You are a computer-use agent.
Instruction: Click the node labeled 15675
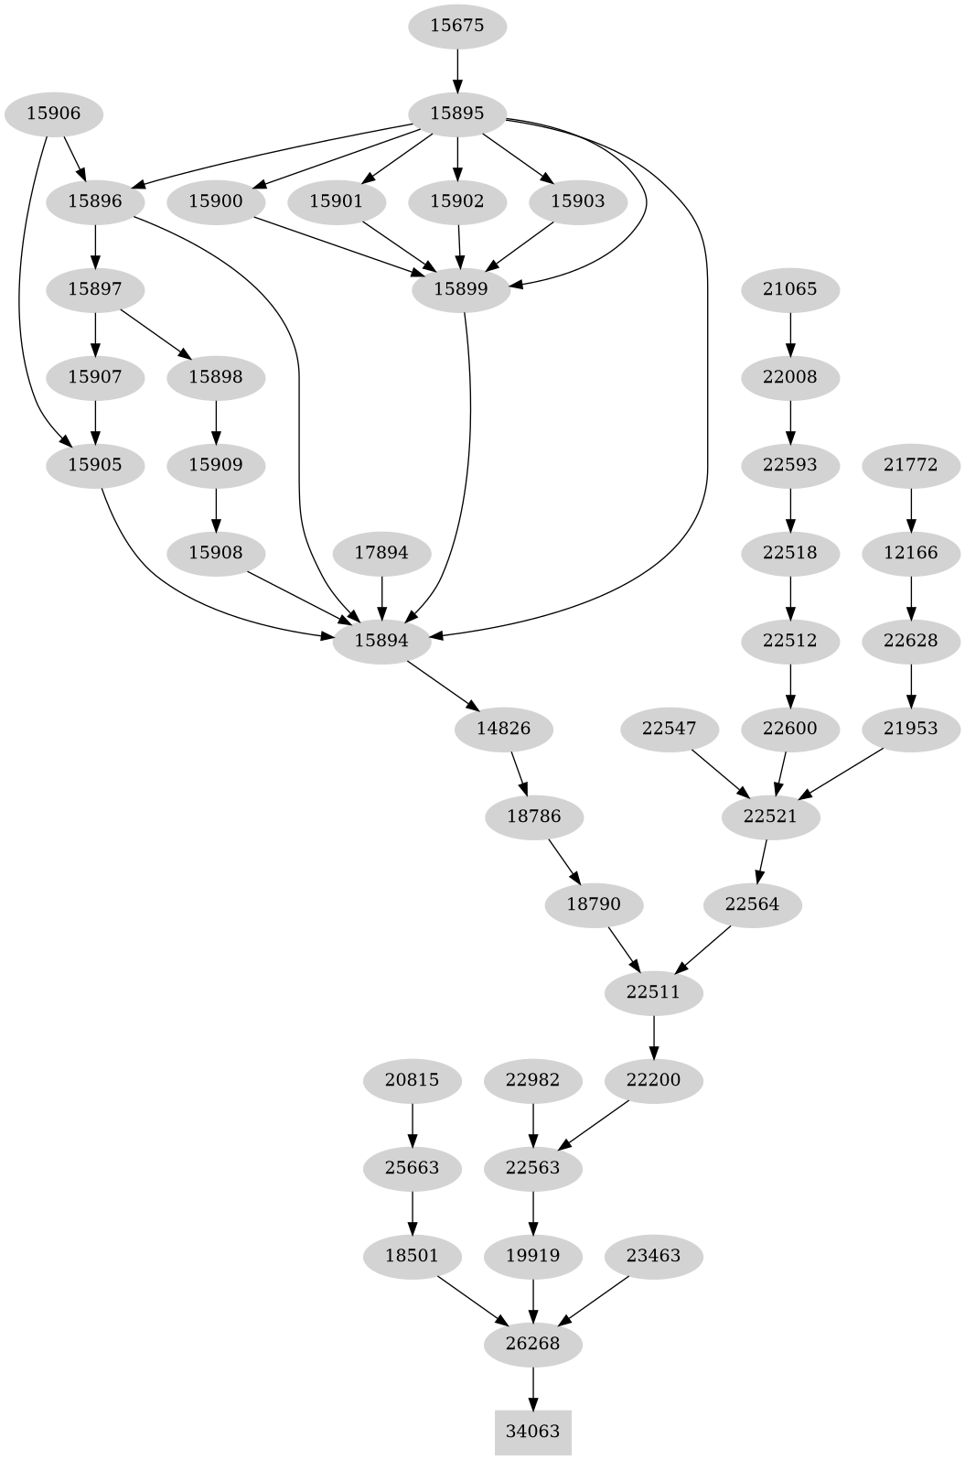point(456,26)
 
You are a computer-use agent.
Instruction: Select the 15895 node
point(456,114)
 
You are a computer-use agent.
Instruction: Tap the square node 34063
point(533,1432)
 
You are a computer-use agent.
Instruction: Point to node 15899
point(460,289)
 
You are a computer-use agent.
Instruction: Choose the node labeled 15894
point(381,641)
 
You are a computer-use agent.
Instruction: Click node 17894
point(381,553)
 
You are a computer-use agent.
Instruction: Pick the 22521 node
point(771,817)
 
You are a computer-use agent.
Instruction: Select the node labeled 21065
point(789,289)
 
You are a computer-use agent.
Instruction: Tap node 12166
point(911,553)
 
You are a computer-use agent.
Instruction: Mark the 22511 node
point(654,992)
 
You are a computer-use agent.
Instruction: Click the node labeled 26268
point(533,1344)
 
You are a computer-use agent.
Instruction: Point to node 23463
point(654,1256)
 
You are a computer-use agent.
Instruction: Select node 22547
point(669,729)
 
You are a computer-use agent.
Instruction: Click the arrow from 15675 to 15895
point(456,70)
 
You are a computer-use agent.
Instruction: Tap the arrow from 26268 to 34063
point(533,1388)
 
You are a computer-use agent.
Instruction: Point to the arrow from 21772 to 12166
point(911,509)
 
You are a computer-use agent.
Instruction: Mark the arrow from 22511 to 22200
point(654,1036)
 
